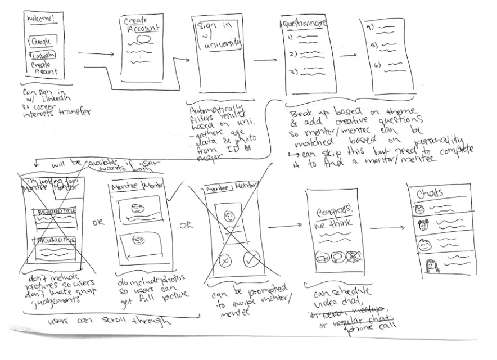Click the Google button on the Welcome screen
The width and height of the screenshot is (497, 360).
[40, 42]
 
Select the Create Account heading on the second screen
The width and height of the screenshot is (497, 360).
[141, 25]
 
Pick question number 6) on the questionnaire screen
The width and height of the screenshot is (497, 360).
[378, 65]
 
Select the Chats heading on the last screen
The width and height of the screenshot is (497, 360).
[430, 193]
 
